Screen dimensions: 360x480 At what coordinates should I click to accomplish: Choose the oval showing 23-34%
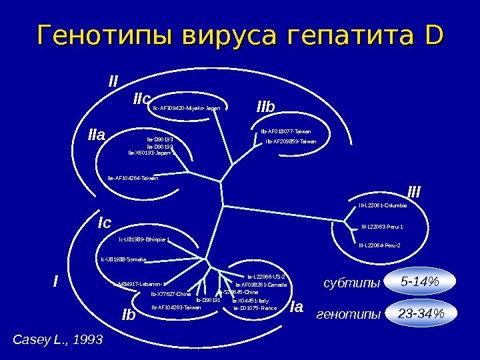[420, 313]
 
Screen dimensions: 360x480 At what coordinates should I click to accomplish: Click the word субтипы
[351, 283]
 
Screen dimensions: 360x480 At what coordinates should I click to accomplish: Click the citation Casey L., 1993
[58, 340]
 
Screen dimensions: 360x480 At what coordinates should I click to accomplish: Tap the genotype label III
[414, 193]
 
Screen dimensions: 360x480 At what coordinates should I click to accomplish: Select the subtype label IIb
[270, 107]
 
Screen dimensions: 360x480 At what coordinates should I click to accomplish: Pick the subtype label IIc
[141, 99]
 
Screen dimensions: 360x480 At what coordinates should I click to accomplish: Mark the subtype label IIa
[97, 135]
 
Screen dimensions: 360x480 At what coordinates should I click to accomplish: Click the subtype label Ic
[104, 221]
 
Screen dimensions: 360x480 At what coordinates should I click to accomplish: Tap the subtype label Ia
[297, 307]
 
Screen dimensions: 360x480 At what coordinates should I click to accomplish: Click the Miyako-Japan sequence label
[187, 108]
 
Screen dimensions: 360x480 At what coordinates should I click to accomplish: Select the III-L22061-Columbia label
[383, 205]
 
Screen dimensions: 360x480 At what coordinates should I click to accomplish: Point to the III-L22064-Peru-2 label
[379, 245]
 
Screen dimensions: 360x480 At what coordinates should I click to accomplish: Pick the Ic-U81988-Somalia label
[123, 259]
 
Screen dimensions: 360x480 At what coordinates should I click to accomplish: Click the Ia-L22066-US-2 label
[266, 276]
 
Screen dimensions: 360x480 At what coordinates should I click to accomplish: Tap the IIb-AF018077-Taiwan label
[285, 131]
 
